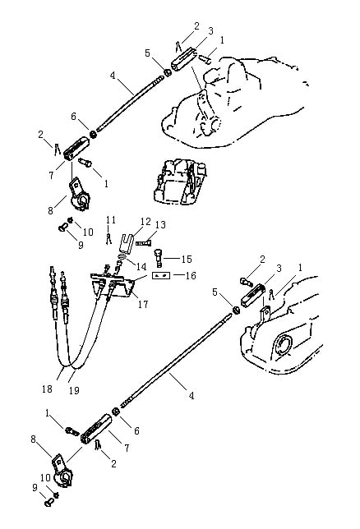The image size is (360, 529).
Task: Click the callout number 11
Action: click(x=111, y=220)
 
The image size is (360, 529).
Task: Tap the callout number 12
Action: click(x=146, y=222)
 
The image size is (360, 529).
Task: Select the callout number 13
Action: click(x=160, y=225)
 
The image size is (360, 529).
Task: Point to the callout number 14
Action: click(x=141, y=266)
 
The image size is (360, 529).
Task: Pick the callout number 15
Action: click(x=187, y=259)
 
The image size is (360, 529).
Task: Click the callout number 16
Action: click(x=191, y=276)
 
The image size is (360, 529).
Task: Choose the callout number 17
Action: click(x=143, y=304)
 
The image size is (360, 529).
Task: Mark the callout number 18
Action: click(x=48, y=389)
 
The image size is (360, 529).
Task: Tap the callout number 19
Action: click(x=74, y=391)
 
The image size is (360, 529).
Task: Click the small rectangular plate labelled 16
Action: click(x=161, y=275)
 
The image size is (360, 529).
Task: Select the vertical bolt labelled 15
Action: click(x=159, y=258)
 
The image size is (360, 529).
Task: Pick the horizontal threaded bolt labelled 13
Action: click(x=144, y=242)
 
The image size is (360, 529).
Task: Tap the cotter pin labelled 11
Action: click(x=108, y=238)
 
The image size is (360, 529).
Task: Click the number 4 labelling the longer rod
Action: click(x=192, y=395)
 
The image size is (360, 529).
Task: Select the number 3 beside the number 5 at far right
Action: click(x=279, y=269)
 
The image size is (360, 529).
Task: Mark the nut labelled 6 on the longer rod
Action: click(x=115, y=412)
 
